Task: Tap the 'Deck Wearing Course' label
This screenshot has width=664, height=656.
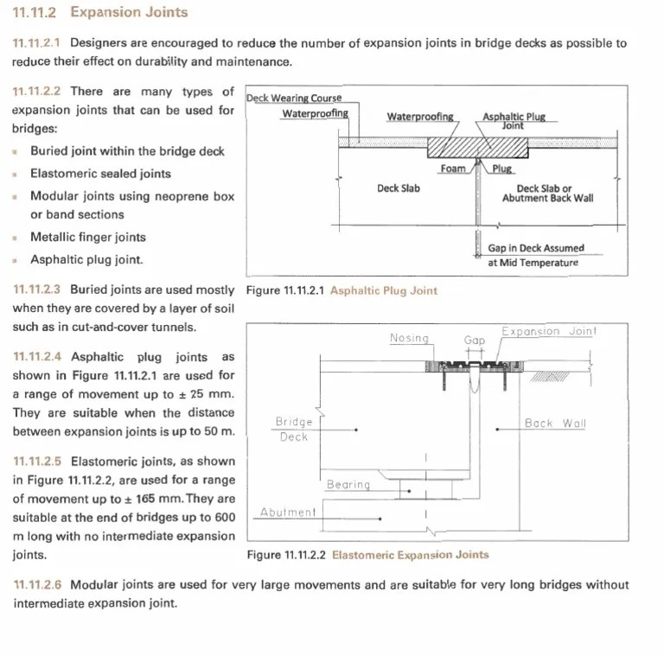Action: (x=294, y=98)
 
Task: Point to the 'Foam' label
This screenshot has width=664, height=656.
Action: (x=452, y=169)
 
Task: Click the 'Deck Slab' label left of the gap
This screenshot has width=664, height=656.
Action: (x=399, y=188)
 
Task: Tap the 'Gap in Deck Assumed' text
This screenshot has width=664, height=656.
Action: (x=536, y=248)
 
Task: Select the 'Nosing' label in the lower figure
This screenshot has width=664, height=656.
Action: (x=409, y=338)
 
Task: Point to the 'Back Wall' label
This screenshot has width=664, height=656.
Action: (x=555, y=424)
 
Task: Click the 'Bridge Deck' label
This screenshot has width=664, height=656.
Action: (x=294, y=429)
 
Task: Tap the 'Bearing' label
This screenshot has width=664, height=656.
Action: (x=348, y=485)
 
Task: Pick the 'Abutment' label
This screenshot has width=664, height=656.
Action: (x=288, y=512)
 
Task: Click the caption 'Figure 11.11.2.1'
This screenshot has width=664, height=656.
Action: (x=284, y=290)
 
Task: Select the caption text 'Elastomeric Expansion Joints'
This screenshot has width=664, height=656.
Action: (x=410, y=555)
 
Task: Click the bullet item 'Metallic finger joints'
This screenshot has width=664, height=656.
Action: (x=88, y=237)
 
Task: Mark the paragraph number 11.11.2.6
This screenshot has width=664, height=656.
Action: (x=38, y=585)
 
